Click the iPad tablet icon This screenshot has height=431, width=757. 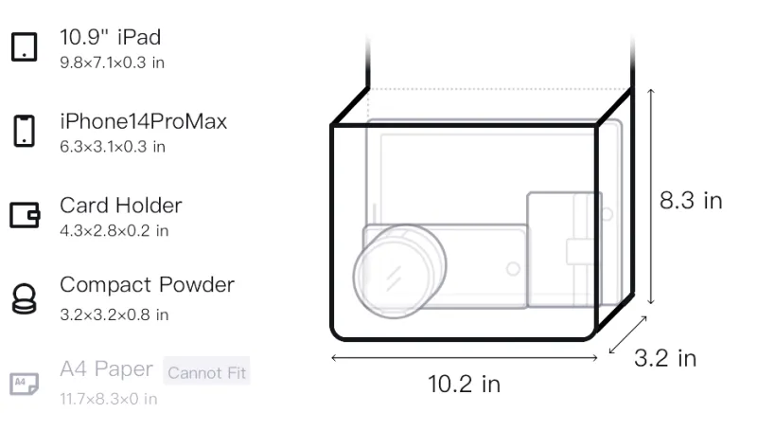25,46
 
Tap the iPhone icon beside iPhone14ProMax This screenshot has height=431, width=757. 25,131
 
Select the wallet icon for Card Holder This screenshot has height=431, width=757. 25,214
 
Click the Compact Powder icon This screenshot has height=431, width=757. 25,299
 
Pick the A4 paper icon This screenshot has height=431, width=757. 25,384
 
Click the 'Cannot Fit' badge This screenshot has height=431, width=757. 206,372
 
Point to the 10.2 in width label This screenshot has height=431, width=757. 464,385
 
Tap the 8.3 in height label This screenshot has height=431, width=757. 691,200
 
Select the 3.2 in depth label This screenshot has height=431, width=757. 665,358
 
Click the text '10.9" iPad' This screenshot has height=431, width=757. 110,37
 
